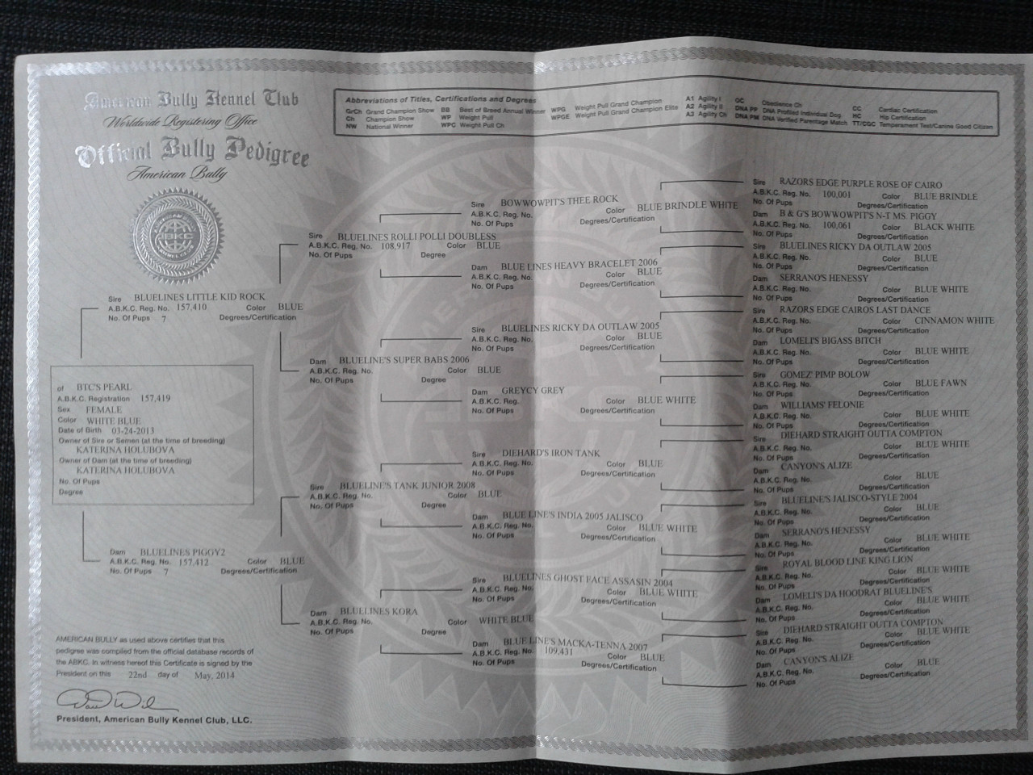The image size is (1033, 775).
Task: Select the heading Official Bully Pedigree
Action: click(191, 154)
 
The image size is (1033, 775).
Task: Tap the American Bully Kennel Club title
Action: click(191, 101)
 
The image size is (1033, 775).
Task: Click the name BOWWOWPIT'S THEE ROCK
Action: click(558, 199)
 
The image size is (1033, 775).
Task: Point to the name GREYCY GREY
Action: click(533, 391)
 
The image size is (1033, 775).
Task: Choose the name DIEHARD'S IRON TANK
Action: click(550, 454)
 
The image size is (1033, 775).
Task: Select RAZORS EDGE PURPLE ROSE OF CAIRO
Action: click(860, 185)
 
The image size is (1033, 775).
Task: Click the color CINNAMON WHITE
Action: click(954, 320)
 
